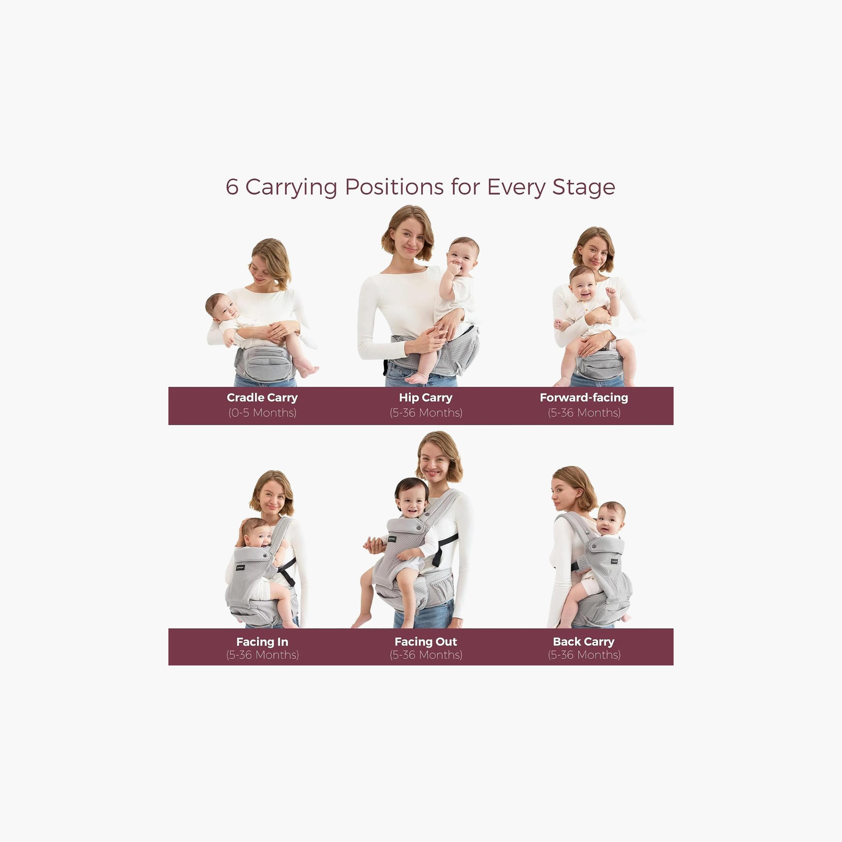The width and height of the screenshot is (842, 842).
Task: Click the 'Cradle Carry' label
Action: (262, 397)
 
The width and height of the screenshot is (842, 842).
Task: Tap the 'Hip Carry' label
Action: (425, 397)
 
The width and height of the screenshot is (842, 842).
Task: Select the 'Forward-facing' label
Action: (584, 397)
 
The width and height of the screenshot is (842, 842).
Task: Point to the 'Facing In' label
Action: (262, 642)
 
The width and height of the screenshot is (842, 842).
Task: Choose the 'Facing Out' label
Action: (425, 642)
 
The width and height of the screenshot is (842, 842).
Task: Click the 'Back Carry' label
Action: (584, 642)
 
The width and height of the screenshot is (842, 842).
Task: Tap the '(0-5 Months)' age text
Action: (262, 413)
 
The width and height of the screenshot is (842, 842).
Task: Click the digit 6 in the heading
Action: (232, 187)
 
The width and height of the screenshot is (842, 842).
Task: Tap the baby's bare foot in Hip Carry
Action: (416, 378)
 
